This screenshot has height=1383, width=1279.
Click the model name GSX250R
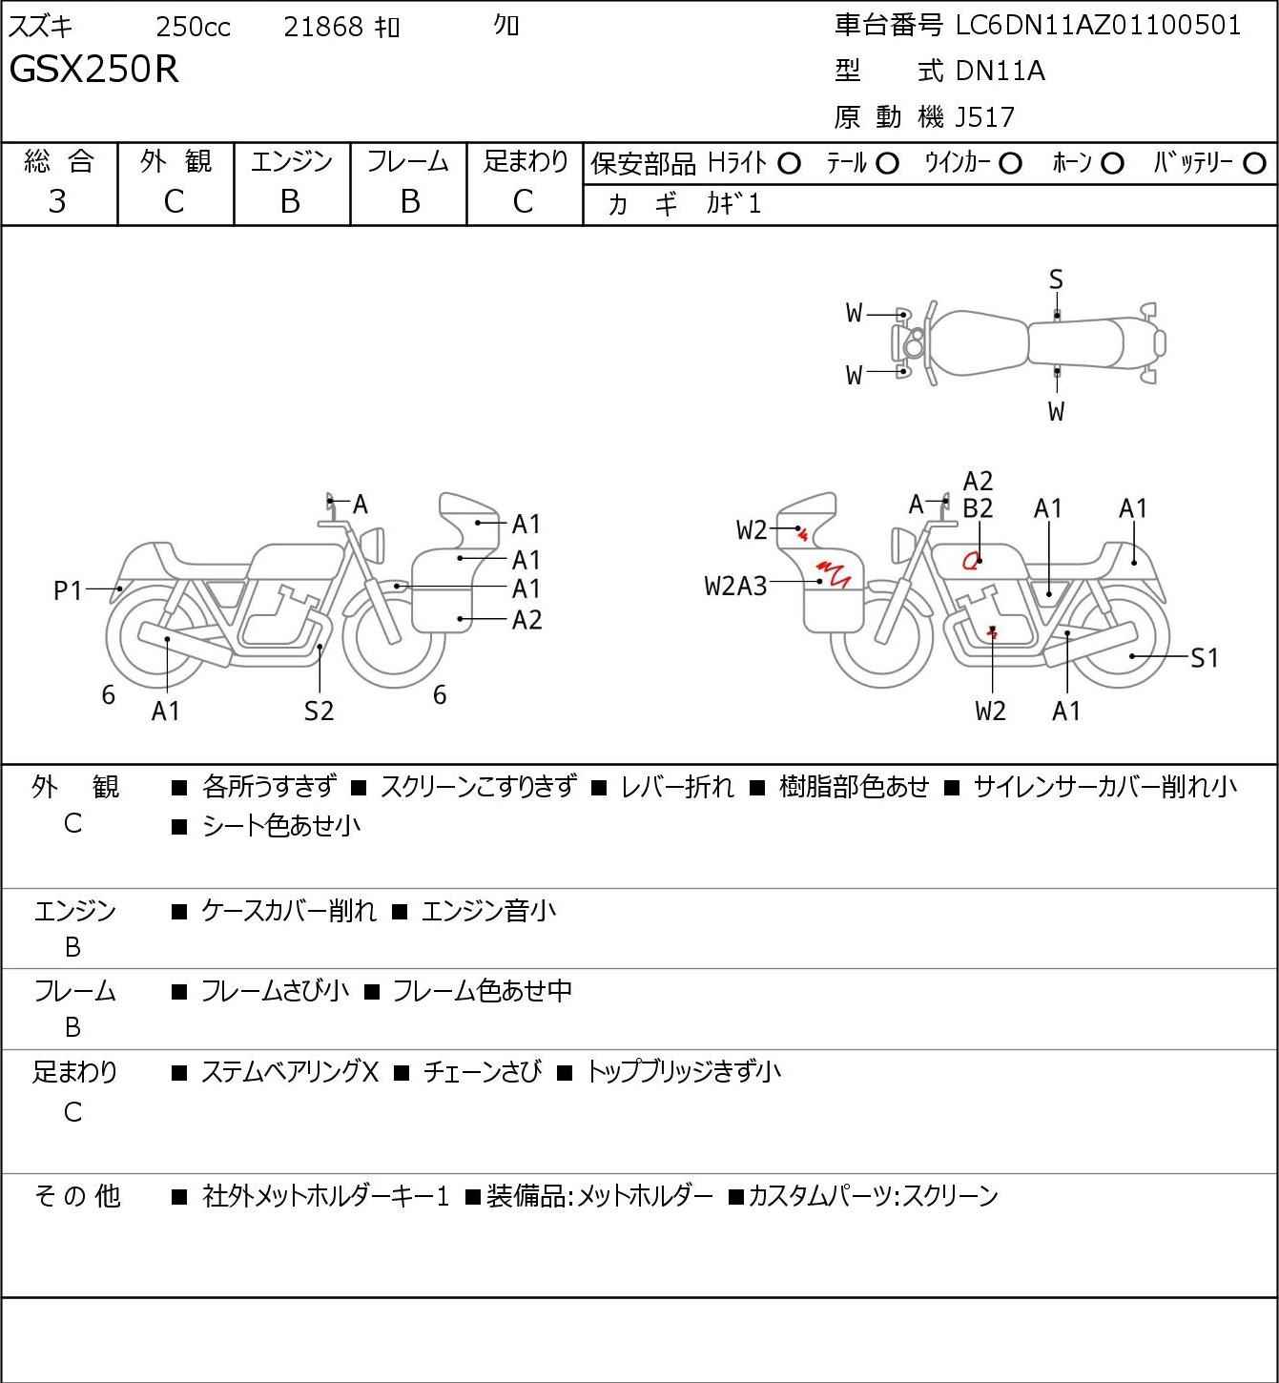click(x=94, y=70)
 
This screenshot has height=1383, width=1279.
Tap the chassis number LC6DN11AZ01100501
click(x=1099, y=26)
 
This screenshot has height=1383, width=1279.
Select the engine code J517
click(x=980, y=117)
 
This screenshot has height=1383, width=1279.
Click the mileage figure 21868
click(x=323, y=28)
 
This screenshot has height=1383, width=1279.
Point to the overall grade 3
click(x=58, y=201)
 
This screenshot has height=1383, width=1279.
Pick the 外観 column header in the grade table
click(x=175, y=162)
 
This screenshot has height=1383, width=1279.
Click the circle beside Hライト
click(x=789, y=164)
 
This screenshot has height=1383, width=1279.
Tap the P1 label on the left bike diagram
click(x=68, y=591)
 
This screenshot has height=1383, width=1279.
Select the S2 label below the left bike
click(x=319, y=711)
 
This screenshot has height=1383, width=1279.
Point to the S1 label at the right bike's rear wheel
click(x=1205, y=658)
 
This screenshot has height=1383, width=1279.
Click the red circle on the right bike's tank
click(x=972, y=561)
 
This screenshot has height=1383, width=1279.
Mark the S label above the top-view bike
click(x=1056, y=279)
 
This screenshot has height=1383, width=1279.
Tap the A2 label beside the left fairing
click(x=526, y=620)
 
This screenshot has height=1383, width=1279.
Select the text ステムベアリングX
click(x=290, y=1072)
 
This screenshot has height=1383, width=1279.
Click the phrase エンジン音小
click(x=487, y=911)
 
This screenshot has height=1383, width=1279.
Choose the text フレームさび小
click(x=275, y=991)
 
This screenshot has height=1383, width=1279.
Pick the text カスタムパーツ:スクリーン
click(x=873, y=1196)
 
